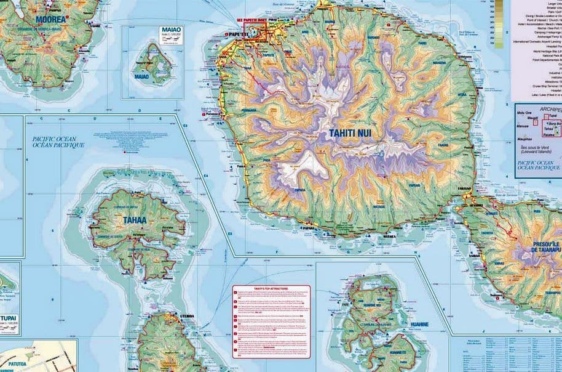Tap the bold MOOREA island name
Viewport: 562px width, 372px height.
[x=52, y=19]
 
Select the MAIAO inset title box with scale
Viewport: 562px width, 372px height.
[x=168, y=33]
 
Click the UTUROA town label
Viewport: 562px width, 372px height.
[x=187, y=316]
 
